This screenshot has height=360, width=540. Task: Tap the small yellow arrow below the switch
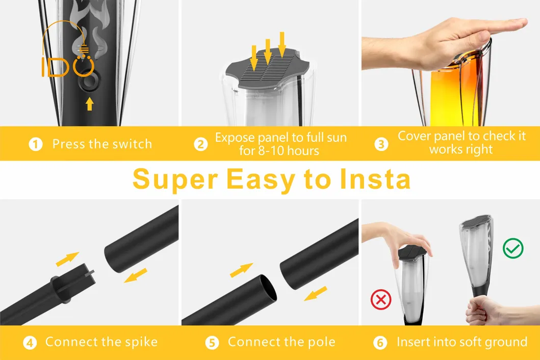90,104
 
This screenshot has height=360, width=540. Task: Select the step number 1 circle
35,144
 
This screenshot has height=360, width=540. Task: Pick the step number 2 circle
201,144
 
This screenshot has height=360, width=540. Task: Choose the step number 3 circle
381,144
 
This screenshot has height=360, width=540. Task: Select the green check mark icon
513,248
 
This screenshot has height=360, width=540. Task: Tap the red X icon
380,299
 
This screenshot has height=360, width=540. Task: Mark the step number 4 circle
31,342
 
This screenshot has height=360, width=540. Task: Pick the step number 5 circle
212,342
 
